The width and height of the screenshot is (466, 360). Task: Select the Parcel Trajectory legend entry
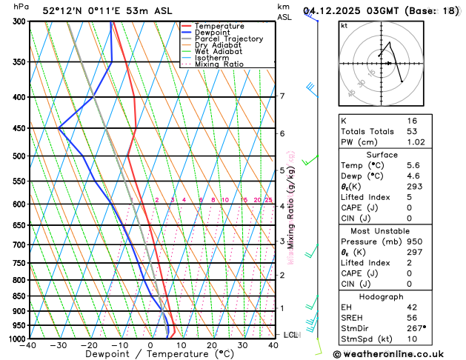223,39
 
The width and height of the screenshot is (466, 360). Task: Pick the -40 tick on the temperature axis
29,345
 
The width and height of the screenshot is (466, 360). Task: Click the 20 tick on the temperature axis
212,345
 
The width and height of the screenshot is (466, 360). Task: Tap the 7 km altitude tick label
282,96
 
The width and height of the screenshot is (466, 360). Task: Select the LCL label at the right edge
291,335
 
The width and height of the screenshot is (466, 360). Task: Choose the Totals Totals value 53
412,131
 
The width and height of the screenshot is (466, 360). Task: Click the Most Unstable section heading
396,231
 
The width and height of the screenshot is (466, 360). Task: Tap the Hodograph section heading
396,296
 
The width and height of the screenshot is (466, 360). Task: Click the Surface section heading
396,154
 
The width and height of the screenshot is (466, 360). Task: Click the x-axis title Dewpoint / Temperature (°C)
150,355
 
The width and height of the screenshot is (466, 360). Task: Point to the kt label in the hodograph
344,25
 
